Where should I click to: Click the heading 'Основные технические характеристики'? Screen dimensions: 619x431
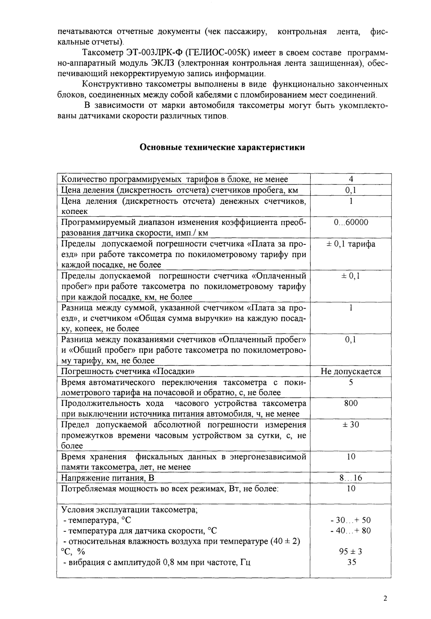click(x=222, y=148)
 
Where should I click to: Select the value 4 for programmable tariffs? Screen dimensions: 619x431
click(x=351, y=179)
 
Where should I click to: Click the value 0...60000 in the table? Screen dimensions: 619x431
click(x=351, y=222)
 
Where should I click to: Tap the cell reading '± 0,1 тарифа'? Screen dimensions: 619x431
click(x=351, y=244)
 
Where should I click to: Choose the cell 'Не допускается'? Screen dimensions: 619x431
click(x=351, y=371)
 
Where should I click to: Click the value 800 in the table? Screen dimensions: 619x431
click(x=351, y=403)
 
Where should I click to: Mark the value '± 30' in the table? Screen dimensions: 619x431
click(x=351, y=425)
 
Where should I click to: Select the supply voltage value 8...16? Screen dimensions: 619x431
click(x=351, y=478)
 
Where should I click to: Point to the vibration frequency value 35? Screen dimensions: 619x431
click(x=351, y=562)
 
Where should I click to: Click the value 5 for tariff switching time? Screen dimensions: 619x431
click(x=351, y=382)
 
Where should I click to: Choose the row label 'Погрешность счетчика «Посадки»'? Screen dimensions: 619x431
click(x=127, y=371)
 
